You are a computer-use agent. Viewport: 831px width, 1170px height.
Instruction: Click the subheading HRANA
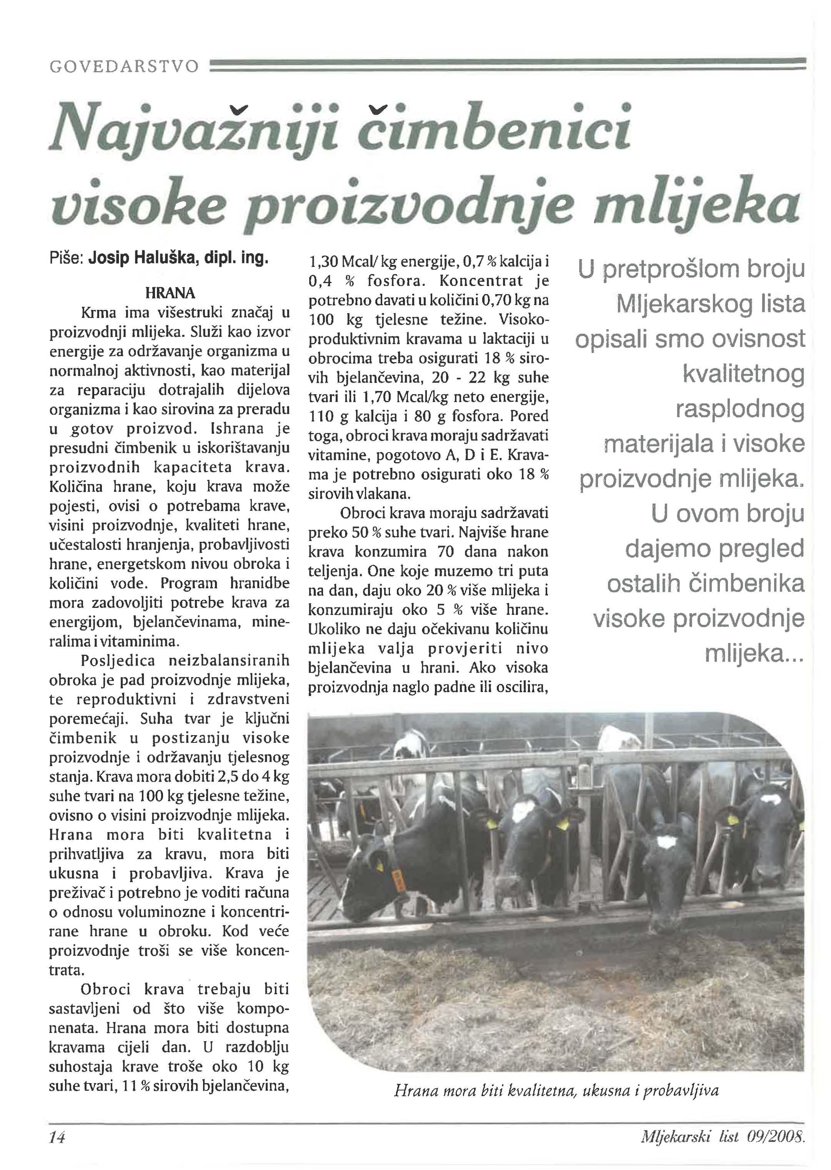click(x=170, y=293)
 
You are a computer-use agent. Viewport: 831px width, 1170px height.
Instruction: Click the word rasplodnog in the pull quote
click(x=740, y=409)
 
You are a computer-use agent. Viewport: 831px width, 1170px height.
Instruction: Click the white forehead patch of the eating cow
click(x=666, y=842)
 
